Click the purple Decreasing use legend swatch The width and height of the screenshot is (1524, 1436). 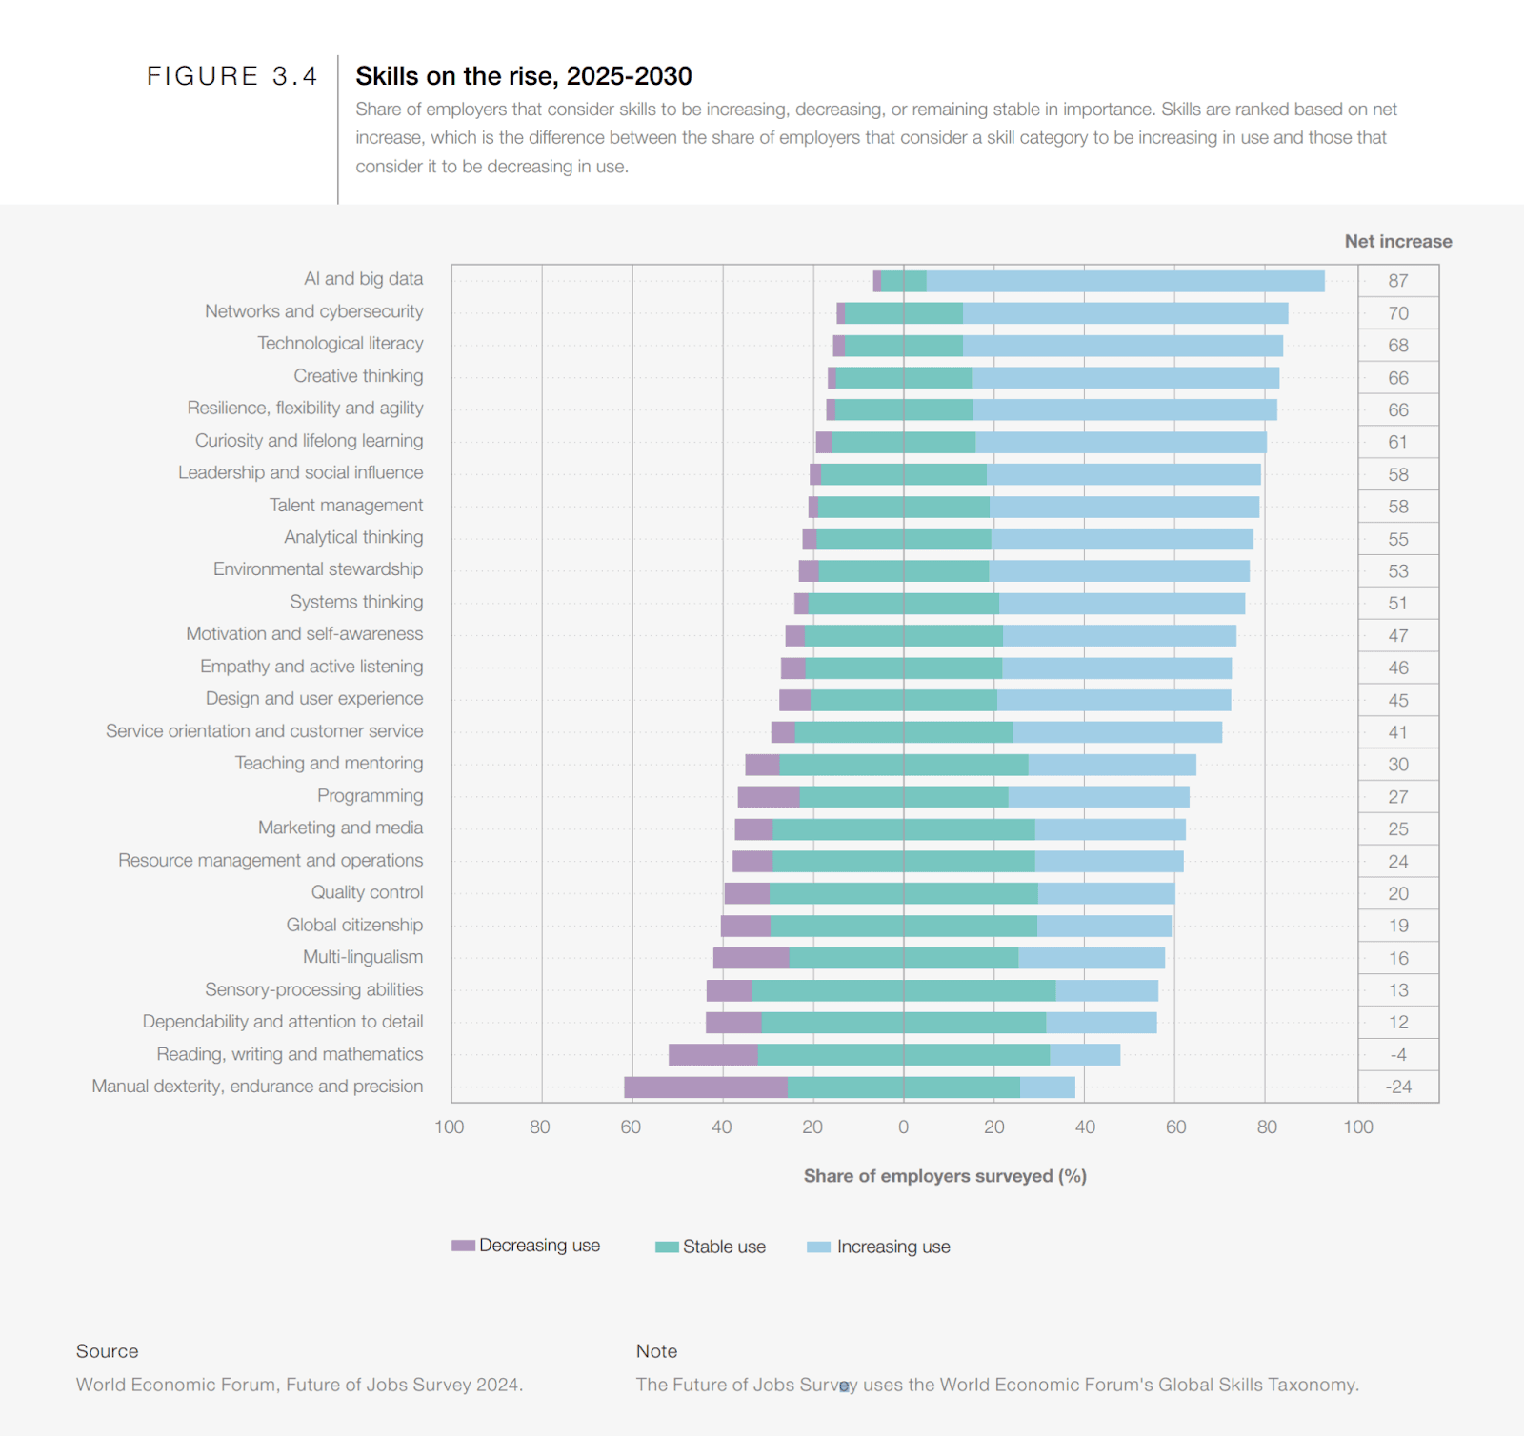pos(463,1246)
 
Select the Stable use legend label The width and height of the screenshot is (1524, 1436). pos(724,1247)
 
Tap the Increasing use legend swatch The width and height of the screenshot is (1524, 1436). pos(818,1247)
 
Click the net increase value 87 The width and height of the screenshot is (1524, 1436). pos(1397,281)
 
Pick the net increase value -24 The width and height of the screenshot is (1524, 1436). pos(1397,1087)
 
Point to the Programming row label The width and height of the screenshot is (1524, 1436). pos(370,796)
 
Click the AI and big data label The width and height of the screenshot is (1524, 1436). pos(363,279)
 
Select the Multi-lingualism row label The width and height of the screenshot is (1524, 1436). pos(363,957)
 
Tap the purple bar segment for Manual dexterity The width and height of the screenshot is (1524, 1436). pos(706,1087)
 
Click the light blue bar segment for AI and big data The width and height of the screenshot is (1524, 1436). pos(1125,281)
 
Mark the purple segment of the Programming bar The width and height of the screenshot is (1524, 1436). pos(769,797)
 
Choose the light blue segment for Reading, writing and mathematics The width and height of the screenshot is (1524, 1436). pos(1085,1055)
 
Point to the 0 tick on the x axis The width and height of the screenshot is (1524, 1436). pos(903,1127)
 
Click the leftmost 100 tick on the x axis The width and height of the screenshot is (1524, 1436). pos(450,1127)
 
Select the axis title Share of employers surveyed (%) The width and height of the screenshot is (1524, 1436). pos(945,1176)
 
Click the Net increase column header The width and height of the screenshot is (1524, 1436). pos(1397,242)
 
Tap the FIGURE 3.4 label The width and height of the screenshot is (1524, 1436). pos(231,76)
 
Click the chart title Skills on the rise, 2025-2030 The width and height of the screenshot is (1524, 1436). pos(523,76)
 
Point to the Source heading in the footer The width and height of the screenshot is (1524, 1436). pos(107,1351)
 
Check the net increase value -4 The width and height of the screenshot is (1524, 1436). pos(1397,1055)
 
